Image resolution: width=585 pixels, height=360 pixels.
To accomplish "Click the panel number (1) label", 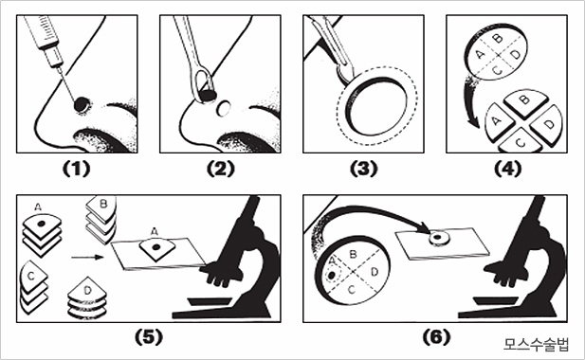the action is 76,169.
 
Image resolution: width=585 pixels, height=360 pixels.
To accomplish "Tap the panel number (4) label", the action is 507,169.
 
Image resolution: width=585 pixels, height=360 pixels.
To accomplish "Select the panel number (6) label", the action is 436,337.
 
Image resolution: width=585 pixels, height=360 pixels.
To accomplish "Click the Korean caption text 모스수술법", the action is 536,344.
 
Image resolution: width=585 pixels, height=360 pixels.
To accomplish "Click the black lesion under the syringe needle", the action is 82,104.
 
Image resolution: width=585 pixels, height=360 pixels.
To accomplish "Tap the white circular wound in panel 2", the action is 224,108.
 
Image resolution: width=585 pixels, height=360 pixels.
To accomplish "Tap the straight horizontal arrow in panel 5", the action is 87,257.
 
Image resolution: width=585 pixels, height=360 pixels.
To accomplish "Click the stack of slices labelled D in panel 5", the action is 87,297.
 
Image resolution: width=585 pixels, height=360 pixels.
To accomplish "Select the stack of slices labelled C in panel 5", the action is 33,287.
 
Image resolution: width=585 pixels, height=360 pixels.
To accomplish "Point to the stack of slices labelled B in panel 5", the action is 101,220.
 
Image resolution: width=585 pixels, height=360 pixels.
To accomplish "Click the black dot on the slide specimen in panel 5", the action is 155,246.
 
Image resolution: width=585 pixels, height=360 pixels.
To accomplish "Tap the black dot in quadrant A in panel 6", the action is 331,276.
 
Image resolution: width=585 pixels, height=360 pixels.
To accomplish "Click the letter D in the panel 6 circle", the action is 375,272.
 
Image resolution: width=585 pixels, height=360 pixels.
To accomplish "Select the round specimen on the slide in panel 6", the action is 439,238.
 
